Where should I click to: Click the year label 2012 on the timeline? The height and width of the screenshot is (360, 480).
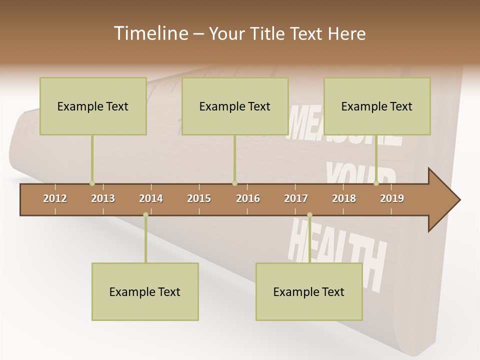pyautogui.click(x=55, y=198)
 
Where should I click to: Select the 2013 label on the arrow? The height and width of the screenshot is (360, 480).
pyautogui.click(x=103, y=198)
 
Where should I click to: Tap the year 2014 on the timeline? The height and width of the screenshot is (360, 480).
pyautogui.click(x=151, y=198)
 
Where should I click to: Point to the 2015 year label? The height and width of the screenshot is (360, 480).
pyautogui.click(x=199, y=198)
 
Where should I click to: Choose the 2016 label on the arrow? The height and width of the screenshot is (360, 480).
pyautogui.click(x=248, y=198)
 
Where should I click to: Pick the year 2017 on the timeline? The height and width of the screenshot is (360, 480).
pyautogui.click(x=296, y=198)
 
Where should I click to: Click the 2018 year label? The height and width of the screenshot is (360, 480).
pyautogui.click(x=344, y=198)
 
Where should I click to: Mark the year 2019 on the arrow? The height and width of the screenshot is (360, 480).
pyautogui.click(x=392, y=198)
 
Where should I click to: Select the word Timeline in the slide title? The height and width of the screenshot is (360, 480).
pyautogui.click(x=150, y=33)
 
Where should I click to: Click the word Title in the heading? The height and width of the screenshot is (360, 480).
pyautogui.click(x=268, y=33)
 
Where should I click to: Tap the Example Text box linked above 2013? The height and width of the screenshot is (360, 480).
pyautogui.click(x=93, y=106)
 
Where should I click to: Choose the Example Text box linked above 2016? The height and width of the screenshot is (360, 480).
pyautogui.click(x=235, y=106)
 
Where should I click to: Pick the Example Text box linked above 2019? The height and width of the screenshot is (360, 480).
pyautogui.click(x=377, y=106)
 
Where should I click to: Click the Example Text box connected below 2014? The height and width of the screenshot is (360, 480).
pyautogui.click(x=145, y=291)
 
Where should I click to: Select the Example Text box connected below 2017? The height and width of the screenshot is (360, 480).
pyautogui.click(x=309, y=291)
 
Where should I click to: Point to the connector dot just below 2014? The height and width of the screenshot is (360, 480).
pyautogui.click(x=145, y=215)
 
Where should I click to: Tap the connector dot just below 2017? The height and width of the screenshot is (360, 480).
pyautogui.click(x=309, y=215)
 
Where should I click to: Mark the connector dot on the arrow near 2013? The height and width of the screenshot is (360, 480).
pyautogui.click(x=92, y=183)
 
